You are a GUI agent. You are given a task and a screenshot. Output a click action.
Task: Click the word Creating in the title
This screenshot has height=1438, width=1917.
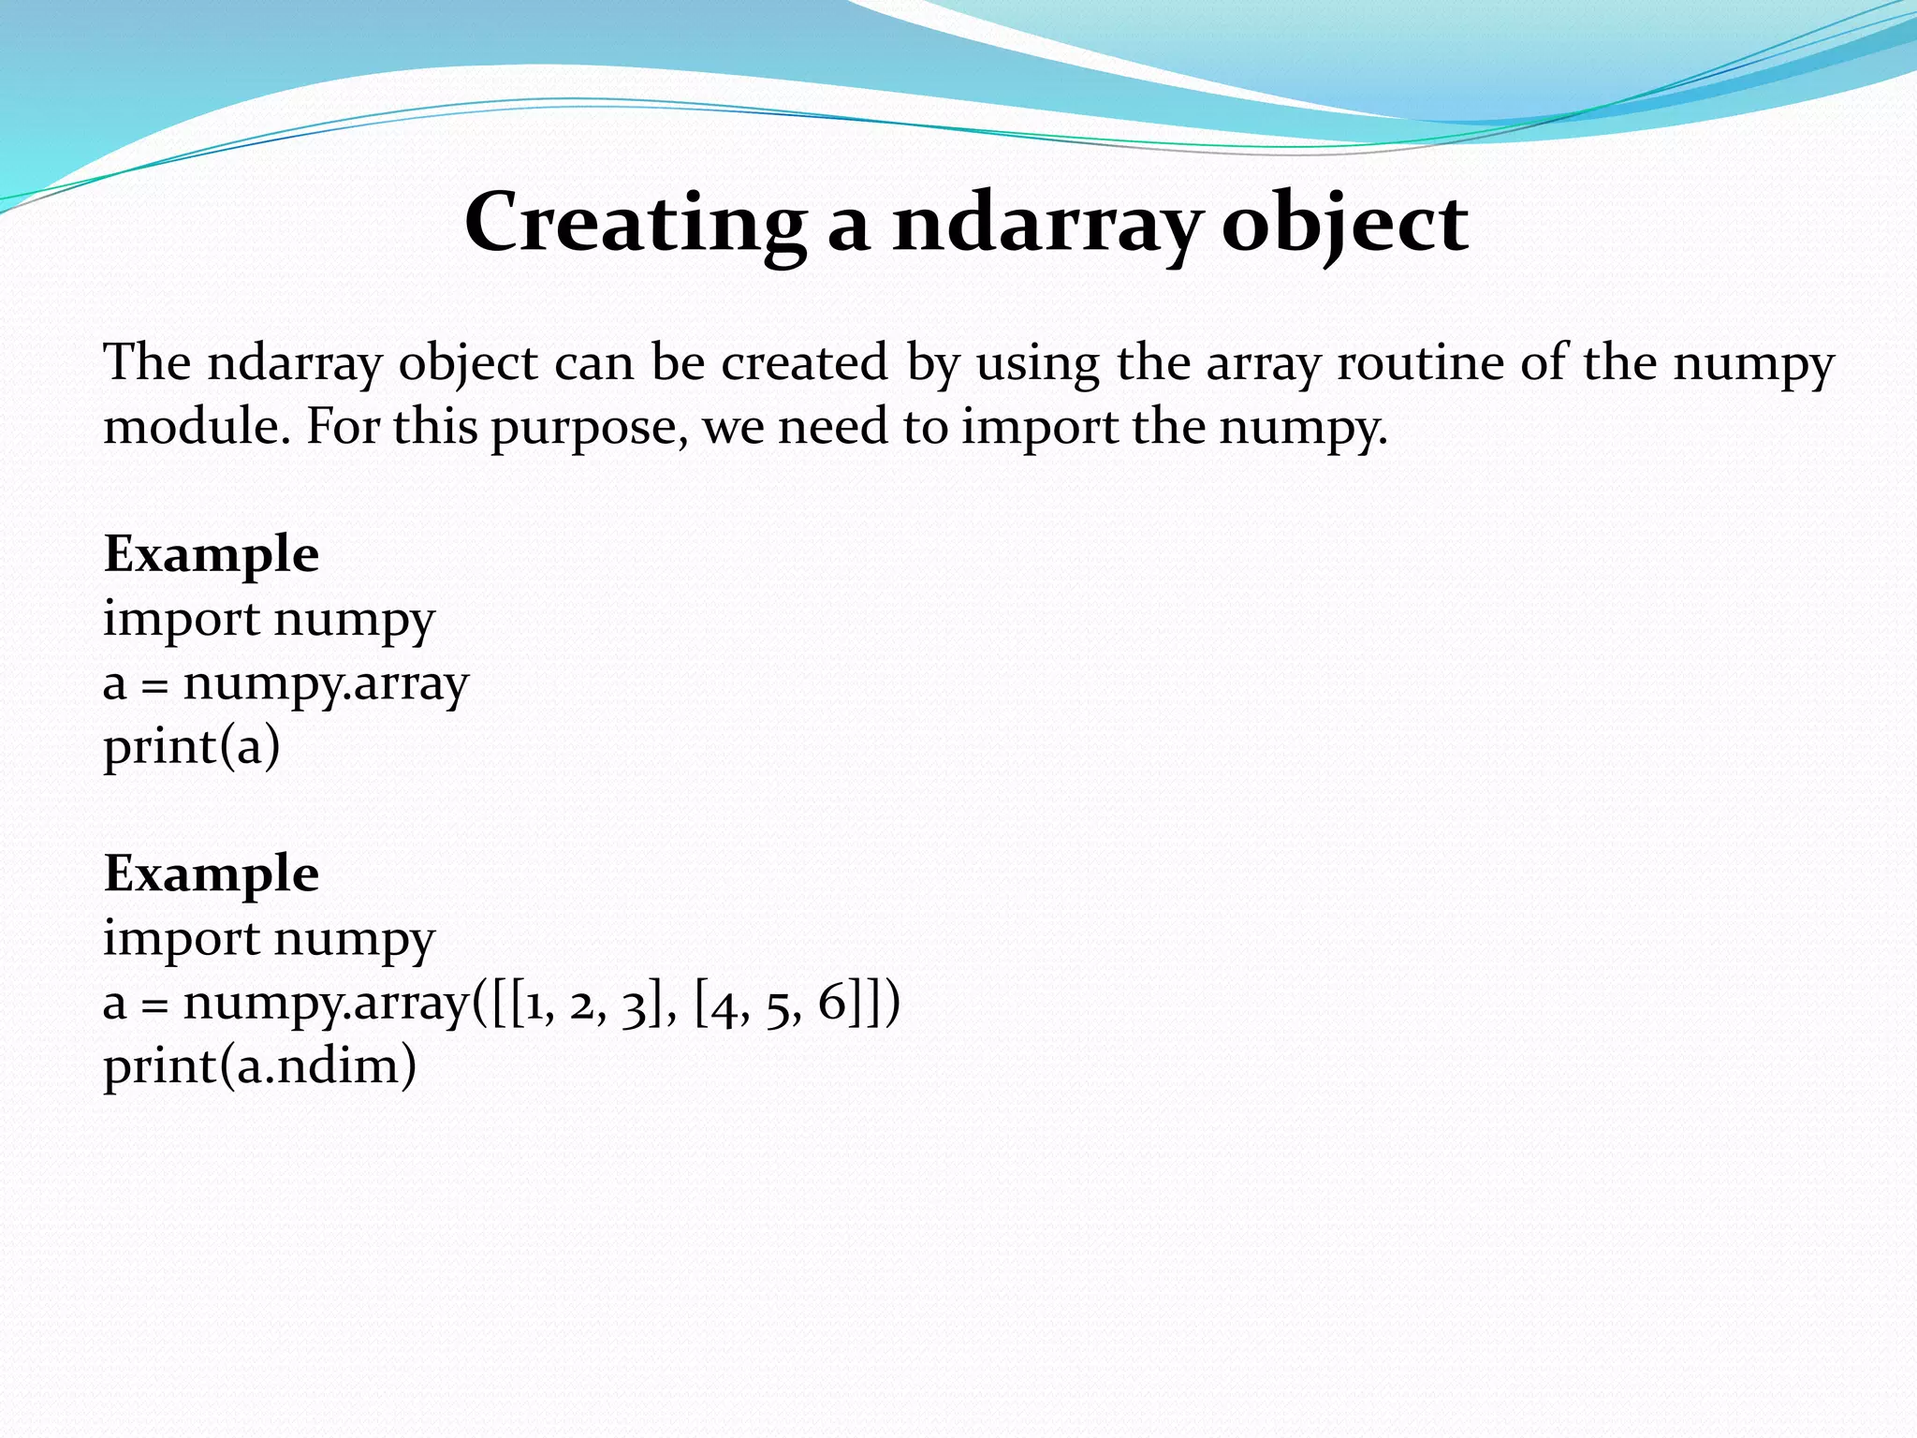click(x=635, y=223)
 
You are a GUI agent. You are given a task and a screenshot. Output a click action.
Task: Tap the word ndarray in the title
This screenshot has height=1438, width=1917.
click(x=1046, y=223)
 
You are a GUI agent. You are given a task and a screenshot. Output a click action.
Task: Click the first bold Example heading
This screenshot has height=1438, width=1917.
click(x=212, y=554)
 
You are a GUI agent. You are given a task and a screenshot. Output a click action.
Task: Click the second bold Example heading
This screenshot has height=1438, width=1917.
click(x=212, y=874)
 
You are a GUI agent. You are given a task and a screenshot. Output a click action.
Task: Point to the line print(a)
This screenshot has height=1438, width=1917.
click(x=192, y=747)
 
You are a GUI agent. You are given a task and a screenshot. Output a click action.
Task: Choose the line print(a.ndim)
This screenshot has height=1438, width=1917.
click(x=259, y=1066)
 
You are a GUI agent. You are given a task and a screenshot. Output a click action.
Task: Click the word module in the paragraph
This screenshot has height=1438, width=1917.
click(x=192, y=427)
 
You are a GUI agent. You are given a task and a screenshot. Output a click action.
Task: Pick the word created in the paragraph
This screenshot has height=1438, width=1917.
click(x=804, y=363)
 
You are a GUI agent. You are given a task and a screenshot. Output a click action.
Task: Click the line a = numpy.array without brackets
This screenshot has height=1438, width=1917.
click(x=285, y=684)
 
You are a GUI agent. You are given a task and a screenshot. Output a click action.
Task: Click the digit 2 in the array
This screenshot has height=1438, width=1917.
click(x=582, y=1004)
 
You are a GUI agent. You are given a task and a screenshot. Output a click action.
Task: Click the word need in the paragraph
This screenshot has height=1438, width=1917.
click(x=832, y=427)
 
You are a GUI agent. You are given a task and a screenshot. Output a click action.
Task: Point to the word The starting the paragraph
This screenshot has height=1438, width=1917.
click(x=147, y=363)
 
